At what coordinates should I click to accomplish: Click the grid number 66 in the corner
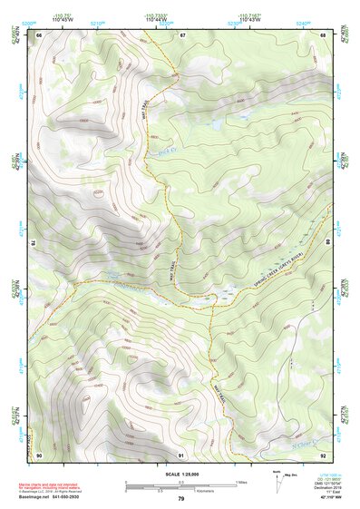point(40,34)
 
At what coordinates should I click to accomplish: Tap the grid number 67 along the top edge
point(181,34)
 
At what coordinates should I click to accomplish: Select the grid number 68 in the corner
point(323,34)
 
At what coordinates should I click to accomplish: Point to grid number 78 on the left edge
point(34,243)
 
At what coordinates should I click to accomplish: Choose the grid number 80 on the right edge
point(327,243)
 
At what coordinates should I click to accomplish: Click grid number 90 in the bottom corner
point(40,454)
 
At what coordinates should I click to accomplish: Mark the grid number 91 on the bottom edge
point(181,454)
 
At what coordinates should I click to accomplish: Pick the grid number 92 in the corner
point(323,454)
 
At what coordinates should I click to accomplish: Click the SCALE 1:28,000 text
point(180,474)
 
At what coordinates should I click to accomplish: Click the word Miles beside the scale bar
point(242,481)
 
